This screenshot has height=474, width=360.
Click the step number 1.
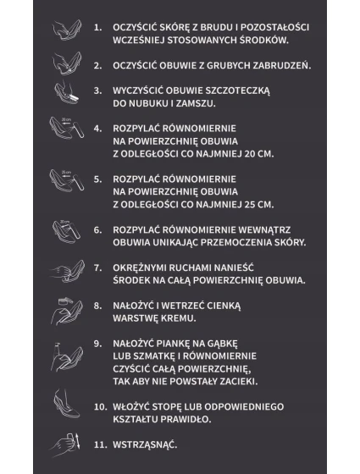tap(98, 28)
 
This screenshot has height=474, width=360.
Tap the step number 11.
tap(100, 444)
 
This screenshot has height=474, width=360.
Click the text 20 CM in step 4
tap(255, 153)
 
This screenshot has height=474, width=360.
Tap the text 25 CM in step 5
tap(255, 204)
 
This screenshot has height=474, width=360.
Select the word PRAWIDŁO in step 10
tap(183, 418)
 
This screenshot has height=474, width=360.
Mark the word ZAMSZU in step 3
tap(193, 102)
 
